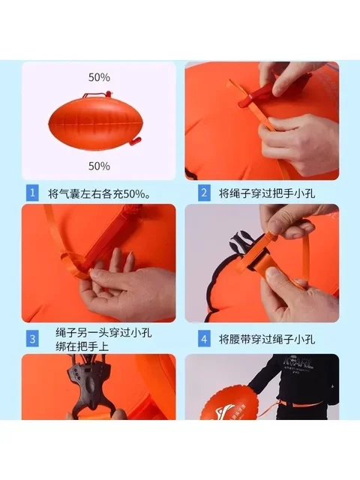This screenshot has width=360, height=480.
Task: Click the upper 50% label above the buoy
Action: (99, 77)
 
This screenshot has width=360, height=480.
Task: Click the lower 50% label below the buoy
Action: (99, 166)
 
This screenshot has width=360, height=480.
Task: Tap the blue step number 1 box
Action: (31, 193)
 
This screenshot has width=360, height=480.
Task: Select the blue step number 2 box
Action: (202, 193)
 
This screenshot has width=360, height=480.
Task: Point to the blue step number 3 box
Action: (31, 338)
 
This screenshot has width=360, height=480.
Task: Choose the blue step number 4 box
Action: (202, 338)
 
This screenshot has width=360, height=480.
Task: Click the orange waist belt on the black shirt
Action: (300, 409)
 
